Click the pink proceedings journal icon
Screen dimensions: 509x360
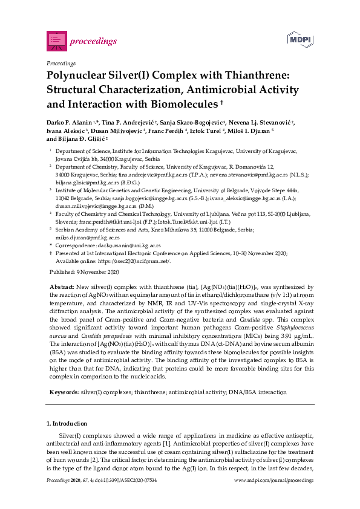(x=56, y=41)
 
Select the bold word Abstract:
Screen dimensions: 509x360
(x=61, y=287)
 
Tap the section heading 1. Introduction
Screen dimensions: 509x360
(x=67, y=424)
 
